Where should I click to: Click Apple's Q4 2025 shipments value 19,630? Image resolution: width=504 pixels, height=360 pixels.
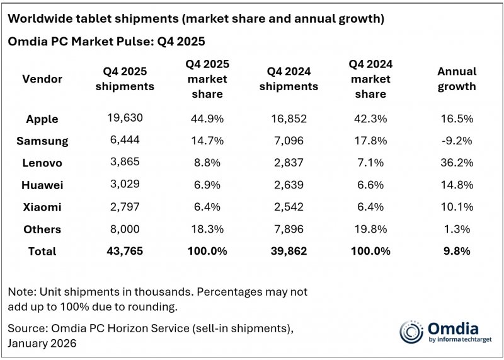tap(125, 119)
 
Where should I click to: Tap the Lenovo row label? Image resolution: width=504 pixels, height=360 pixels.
tap(43, 163)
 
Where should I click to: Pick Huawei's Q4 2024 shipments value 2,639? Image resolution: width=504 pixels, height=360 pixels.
tap(289, 185)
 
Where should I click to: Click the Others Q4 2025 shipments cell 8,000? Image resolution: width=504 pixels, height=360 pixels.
tap(125, 229)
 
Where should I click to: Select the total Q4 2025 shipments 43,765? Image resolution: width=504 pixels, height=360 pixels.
tap(125, 251)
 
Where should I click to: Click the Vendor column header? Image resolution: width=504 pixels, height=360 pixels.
tap(42, 79)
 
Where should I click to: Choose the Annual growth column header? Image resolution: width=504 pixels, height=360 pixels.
tap(457, 79)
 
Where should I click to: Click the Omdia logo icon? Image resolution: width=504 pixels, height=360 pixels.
tap(411, 332)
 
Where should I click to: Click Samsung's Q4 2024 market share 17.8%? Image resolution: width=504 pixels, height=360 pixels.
tap(370, 141)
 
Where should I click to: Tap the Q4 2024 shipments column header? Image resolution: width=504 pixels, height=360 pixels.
tap(289, 79)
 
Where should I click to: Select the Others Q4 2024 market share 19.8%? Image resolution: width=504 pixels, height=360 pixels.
tap(370, 229)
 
